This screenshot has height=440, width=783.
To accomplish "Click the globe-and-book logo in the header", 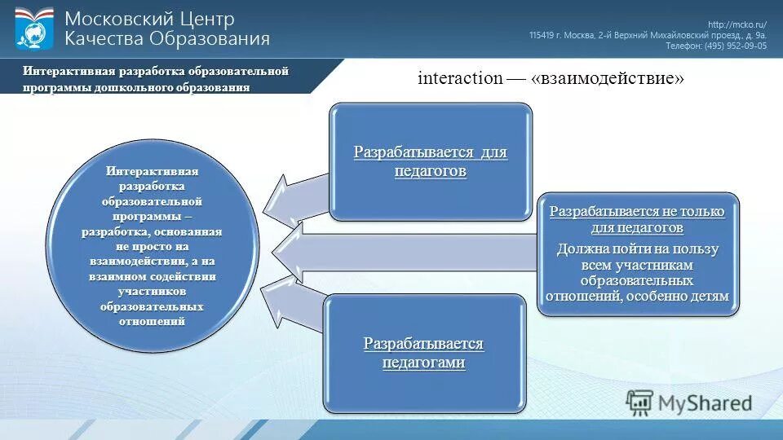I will click(x=34, y=29).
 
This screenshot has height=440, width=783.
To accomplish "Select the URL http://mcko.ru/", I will click(x=737, y=24).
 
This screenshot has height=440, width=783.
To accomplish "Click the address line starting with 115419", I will click(x=648, y=35).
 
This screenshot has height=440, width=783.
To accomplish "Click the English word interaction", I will click(x=460, y=78).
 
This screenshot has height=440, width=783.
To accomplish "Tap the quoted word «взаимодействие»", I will click(x=607, y=78).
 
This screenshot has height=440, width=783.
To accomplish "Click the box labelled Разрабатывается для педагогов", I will click(x=430, y=161).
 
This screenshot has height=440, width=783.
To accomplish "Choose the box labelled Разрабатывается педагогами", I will click(x=423, y=353).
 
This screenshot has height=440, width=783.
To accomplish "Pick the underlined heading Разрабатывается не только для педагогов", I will click(x=637, y=219).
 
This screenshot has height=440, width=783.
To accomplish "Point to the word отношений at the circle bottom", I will click(x=152, y=321).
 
